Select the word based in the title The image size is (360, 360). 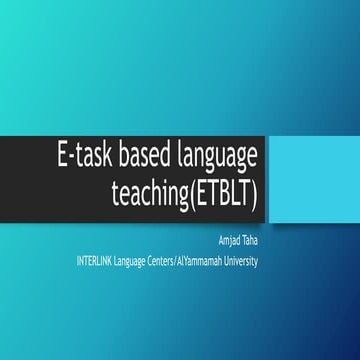click(146, 159)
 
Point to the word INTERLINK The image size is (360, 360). click(100, 261)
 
